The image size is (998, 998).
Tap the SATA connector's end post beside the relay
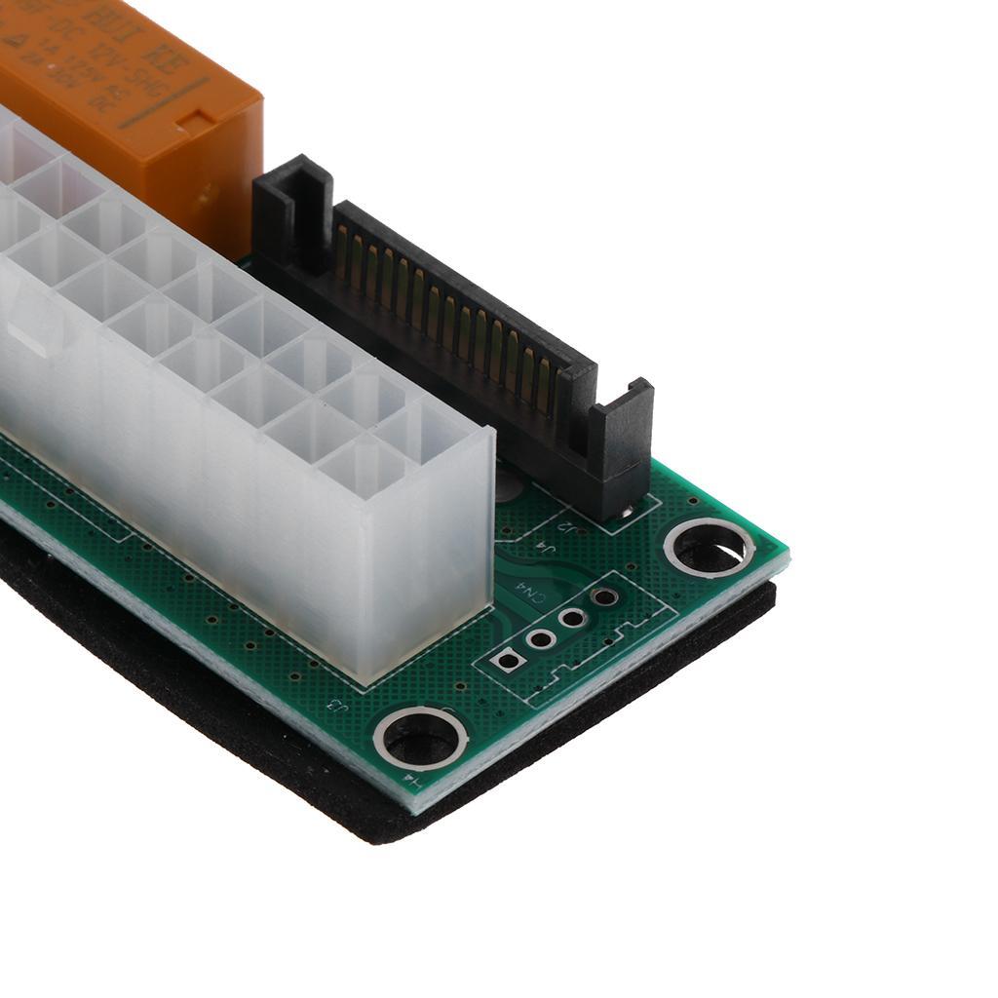293,210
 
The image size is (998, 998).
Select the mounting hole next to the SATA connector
709,549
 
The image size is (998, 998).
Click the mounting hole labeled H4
421,738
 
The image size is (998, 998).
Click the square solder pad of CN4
508,660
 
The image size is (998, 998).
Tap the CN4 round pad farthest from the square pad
604,597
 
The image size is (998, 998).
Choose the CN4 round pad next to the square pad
541,638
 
